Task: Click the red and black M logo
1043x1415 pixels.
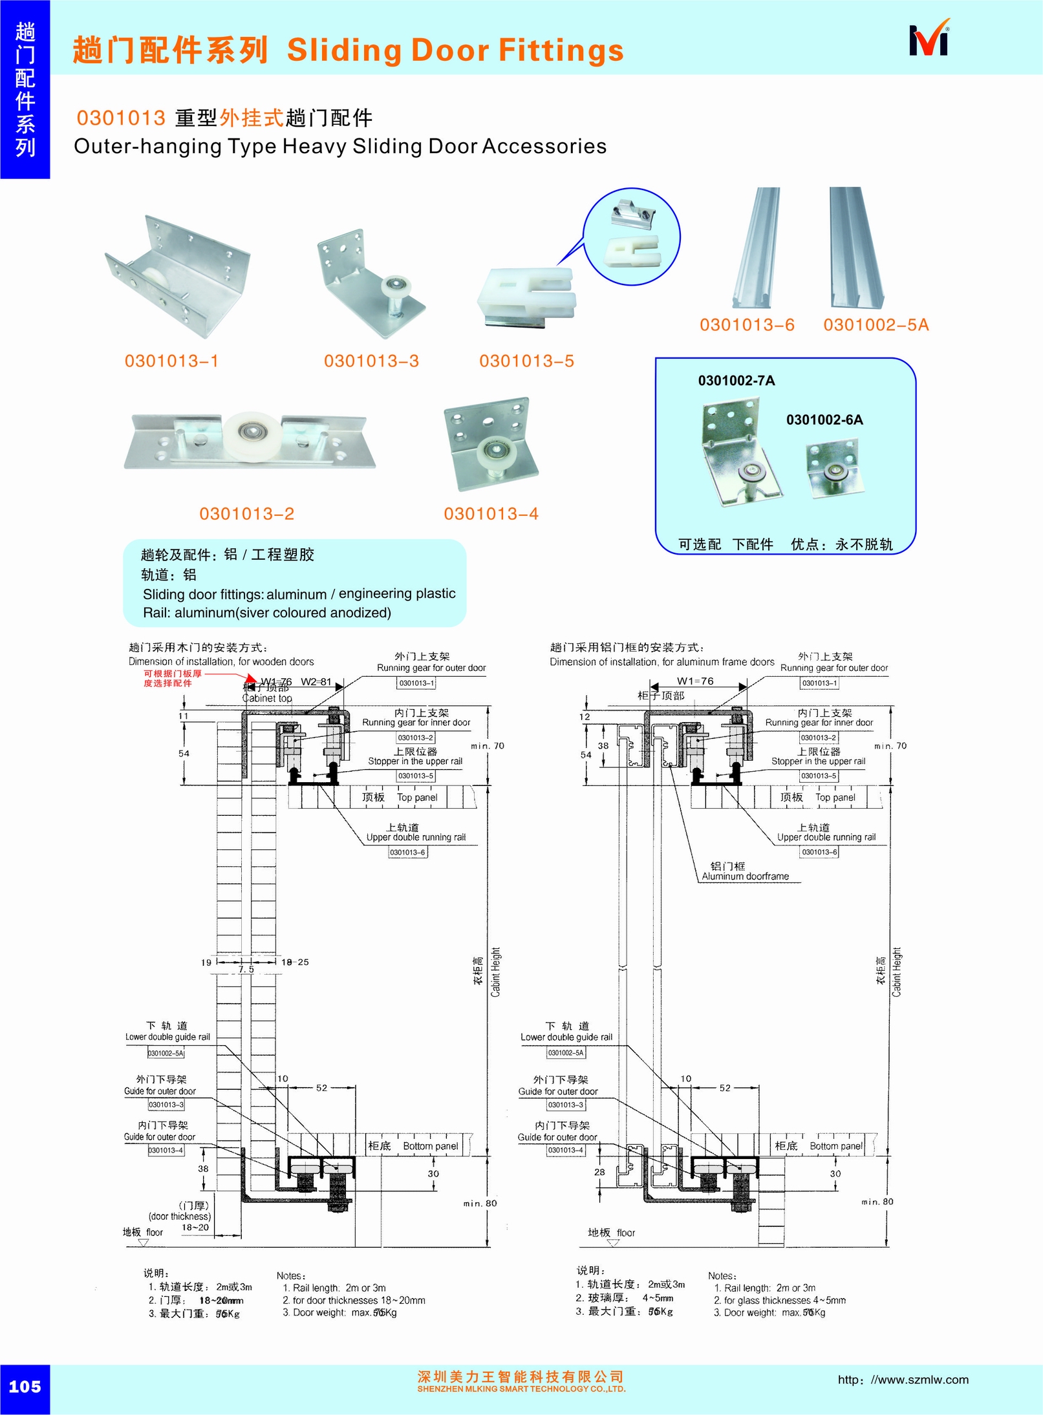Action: point(929,40)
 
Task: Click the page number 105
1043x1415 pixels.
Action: point(25,1386)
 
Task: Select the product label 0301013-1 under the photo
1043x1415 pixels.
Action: point(171,361)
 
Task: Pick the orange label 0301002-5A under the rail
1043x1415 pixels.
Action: point(876,324)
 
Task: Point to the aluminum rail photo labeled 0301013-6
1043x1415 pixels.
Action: point(757,246)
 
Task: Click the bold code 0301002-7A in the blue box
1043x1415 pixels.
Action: point(736,381)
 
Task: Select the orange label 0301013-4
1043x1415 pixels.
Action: point(491,514)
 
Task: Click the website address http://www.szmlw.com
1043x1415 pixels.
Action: point(903,1379)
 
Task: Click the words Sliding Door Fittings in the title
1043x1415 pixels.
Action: point(455,50)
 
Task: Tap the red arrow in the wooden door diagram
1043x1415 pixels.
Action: point(250,677)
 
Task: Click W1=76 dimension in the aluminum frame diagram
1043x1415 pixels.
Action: point(695,681)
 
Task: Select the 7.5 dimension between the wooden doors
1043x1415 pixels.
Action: point(246,969)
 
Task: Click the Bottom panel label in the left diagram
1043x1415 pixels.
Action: point(430,1146)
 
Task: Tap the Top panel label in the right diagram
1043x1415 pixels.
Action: point(835,798)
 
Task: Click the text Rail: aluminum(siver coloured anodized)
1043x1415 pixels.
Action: point(266,612)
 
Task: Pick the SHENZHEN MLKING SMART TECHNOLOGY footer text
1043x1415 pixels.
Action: point(521,1388)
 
